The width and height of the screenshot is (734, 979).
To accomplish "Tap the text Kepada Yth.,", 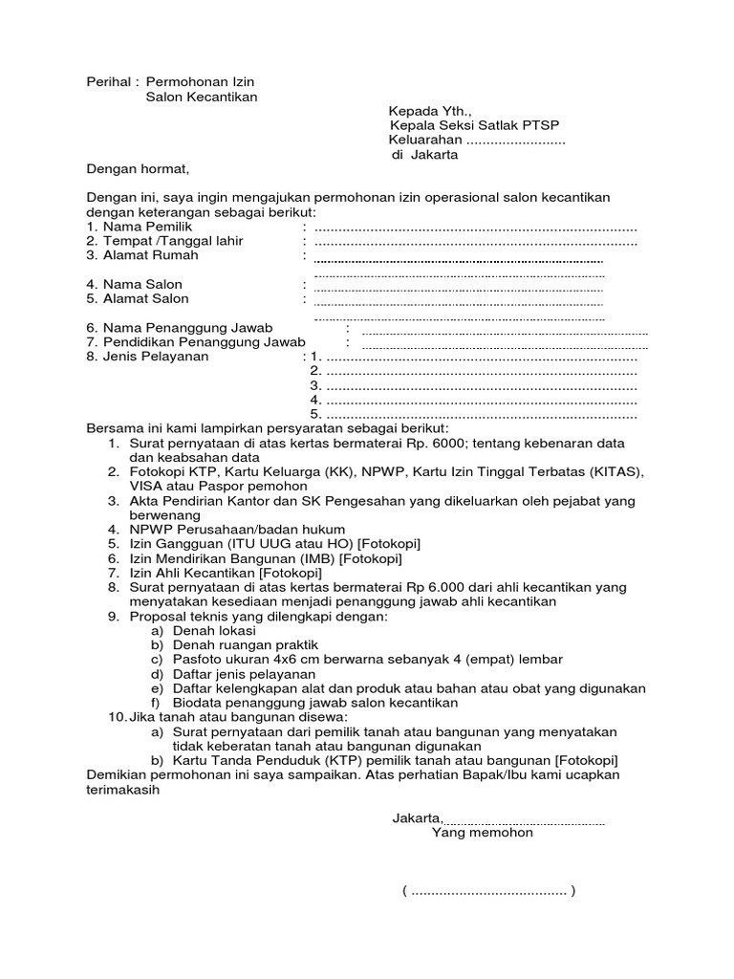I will pyautogui.click(x=422, y=112).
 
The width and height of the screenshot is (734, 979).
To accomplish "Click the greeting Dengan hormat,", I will pyautogui.click(x=139, y=169).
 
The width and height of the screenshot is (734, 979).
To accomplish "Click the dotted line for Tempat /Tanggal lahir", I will pyautogui.click(x=475, y=242).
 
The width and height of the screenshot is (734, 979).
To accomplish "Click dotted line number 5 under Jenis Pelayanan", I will pyautogui.click(x=481, y=414).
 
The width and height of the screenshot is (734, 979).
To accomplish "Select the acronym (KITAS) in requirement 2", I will pyautogui.click(x=610, y=472).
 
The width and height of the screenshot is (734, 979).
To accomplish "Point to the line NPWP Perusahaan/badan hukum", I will pyautogui.click(x=237, y=530).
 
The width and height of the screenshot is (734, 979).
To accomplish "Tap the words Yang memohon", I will pyautogui.click(x=482, y=833).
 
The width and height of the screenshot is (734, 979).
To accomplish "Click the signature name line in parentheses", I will pyautogui.click(x=488, y=891).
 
